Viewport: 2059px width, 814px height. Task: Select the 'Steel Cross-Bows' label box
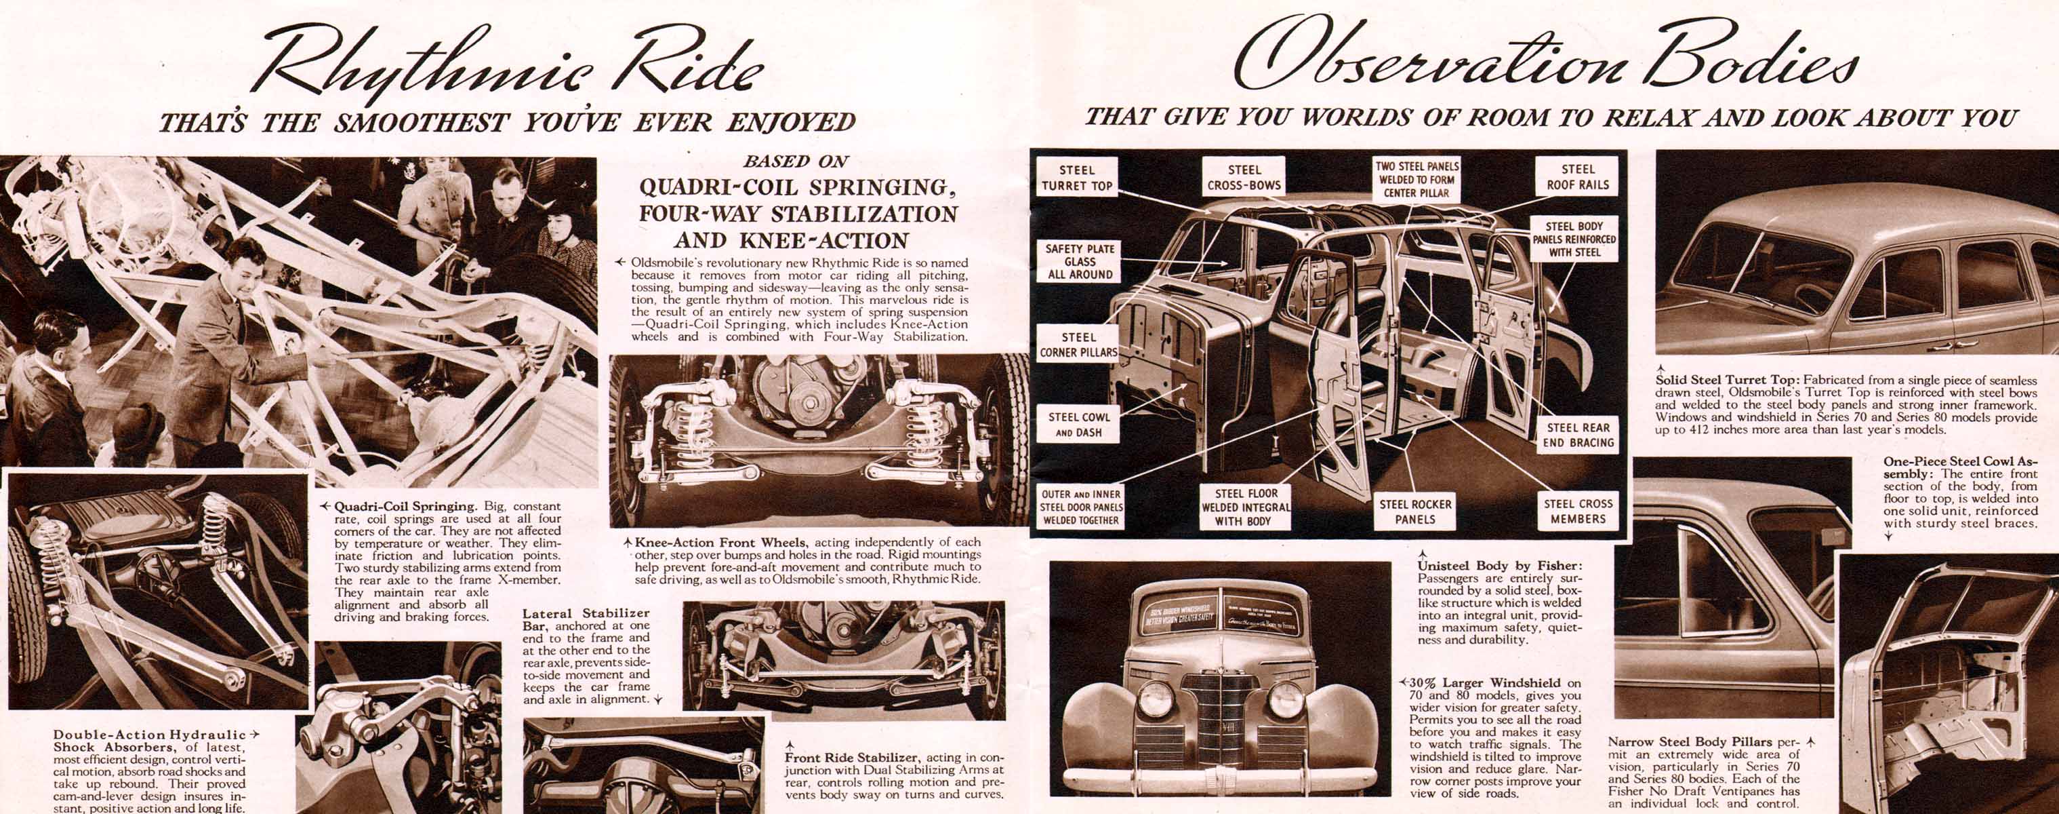click(x=1244, y=178)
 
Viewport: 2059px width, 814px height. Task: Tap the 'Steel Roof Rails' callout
click(x=1577, y=177)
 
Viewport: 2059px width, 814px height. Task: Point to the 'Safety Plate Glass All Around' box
click(x=1079, y=261)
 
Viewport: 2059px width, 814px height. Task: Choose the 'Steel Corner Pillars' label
click(x=1078, y=345)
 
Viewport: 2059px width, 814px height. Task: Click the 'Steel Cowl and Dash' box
click(x=1078, y=425)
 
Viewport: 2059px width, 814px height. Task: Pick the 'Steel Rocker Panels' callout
click(x=1414, y=511)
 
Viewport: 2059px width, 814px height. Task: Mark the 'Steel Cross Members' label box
click(x=1578, y=511)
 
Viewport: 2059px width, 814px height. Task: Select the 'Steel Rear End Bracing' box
click(x=1578, y=435)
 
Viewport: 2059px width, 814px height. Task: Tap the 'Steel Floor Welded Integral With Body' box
click(x=1245, y=507)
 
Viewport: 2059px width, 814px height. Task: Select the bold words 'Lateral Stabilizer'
click(x=586, y=613)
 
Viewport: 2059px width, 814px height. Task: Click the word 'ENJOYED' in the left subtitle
click(x=790, y=122)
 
